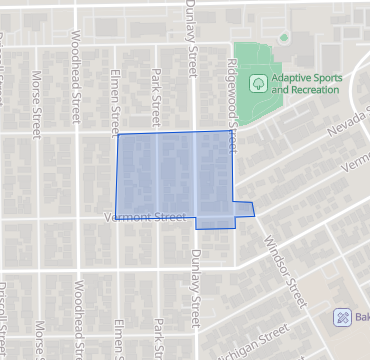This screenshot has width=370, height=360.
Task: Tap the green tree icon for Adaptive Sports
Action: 258,83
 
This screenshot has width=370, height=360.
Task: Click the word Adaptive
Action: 298,77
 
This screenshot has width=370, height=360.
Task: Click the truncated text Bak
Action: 362,317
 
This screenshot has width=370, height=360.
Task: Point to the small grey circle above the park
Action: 284,38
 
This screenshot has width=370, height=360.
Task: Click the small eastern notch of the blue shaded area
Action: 245,209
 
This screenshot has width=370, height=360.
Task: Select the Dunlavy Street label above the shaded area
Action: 190,36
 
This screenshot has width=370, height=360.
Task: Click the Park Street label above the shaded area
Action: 155,92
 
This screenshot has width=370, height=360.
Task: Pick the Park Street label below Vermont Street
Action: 157,338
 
